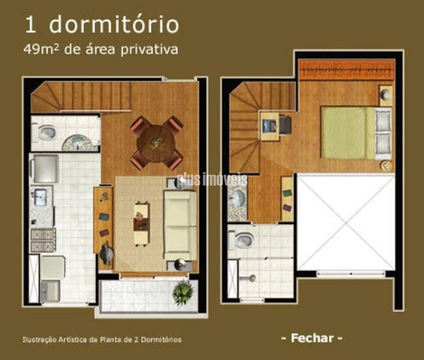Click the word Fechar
[x=312, y=338]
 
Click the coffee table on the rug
[x=142, y=224]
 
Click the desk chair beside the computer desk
[x=285, y=125]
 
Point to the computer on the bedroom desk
[x=269, y=125]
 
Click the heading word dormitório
[x=114, y=24]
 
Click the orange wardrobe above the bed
[x=347, y=70]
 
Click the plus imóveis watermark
[x=212, y=180]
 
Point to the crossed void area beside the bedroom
[x=346, y=223]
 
